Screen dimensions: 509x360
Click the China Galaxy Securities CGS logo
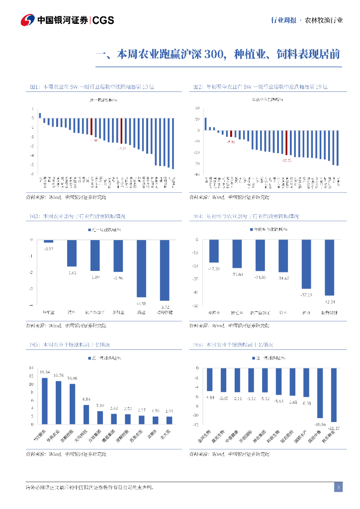click(67, 20)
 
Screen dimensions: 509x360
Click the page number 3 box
click(338, 487)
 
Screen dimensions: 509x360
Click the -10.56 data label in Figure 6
click(320, 424)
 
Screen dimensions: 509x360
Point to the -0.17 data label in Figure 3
click(49, 248)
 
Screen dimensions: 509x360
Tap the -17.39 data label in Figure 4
click(214, 268)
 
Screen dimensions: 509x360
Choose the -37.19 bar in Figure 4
click(306, 264)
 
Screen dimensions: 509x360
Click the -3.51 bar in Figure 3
click(142, 268)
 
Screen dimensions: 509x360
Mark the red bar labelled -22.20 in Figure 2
click(286, 143)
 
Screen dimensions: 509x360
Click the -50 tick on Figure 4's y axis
click(195, 306)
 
